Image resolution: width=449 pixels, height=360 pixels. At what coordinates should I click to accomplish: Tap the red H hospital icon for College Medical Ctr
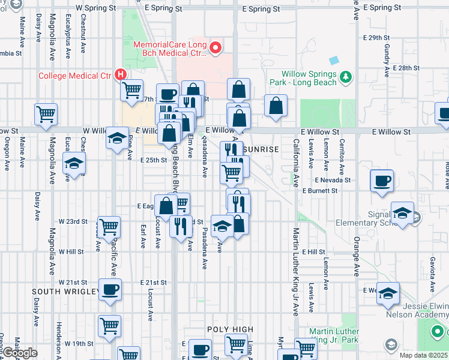pos(121,75)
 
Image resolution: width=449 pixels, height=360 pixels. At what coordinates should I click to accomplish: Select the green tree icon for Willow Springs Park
pos(345,76)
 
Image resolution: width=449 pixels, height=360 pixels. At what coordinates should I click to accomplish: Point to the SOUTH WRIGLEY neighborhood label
pos(65,292)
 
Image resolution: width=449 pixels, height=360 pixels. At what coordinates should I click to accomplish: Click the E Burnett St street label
pos(321,191)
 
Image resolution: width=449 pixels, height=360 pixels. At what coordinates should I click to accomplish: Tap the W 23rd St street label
pos(77,221)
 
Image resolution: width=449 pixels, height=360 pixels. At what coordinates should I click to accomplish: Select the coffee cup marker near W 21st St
pos(110,289)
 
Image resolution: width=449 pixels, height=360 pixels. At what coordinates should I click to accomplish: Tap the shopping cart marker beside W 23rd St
pos(109,227)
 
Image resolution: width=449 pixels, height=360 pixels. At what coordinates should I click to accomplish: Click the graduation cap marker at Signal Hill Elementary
pos(402,212)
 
